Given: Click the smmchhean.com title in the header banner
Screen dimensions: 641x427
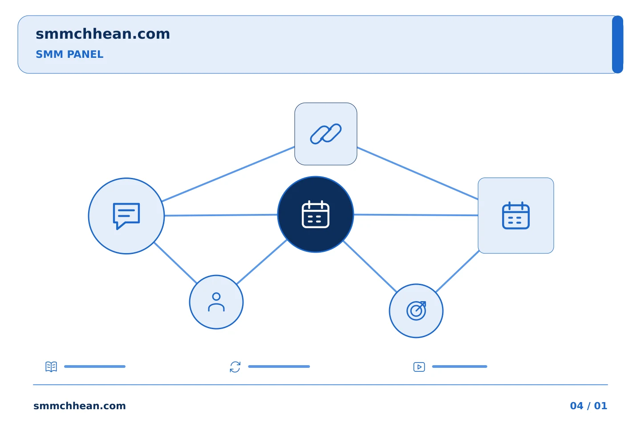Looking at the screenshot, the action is pos(103,34).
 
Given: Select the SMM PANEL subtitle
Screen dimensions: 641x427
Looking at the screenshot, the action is pos(69,54).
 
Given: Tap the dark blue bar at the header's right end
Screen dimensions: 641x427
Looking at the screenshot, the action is pos(617,44).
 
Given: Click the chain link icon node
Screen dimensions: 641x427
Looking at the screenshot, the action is pos(326,134).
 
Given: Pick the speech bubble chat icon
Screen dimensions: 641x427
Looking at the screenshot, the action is pos(126,216).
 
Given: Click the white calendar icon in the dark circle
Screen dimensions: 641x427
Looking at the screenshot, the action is pos(316,214).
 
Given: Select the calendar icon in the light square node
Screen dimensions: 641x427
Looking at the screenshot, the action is pos(515,215).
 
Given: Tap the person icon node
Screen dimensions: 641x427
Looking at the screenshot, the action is pos(216,302).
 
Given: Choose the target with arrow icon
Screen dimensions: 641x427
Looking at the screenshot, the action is pos(416,310).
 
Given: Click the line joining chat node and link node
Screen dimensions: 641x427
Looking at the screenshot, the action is pos(228,174).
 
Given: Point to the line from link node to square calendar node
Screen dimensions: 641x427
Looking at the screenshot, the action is pos(418,173).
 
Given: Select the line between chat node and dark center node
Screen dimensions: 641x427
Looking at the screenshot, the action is pos(221,215).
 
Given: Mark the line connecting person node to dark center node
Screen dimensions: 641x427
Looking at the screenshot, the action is pos(262,262).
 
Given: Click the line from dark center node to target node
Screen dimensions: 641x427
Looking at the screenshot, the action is pos(370,267).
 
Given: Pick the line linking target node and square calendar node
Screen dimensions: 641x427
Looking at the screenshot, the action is pos(457,272).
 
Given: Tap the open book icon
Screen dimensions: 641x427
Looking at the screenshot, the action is pos(51,367).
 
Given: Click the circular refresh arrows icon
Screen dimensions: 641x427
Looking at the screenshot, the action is pos(235,367).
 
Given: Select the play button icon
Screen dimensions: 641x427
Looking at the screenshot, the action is pos(419,367).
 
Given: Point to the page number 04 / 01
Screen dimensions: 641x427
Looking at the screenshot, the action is pos(588,406).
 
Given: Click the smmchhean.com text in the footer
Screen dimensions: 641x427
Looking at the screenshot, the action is pos(80,406).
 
